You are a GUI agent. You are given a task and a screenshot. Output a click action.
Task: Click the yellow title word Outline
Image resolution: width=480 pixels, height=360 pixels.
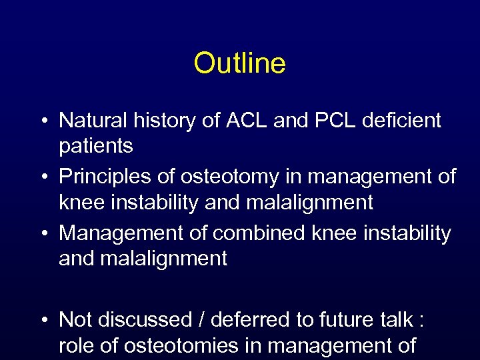239,64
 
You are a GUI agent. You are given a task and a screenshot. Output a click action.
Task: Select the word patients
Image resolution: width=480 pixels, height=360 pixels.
96,146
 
